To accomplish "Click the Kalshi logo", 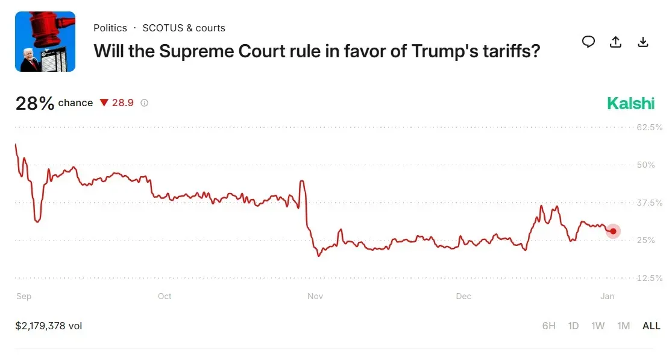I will [x=630, y=103].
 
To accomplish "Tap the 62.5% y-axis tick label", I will [x=650, y=127].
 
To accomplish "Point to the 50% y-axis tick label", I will [x=645, y=165].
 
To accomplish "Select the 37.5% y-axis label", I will [x=650, y=203].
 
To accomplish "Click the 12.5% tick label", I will [x=650, y=278].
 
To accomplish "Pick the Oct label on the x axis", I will [x=164, y=296].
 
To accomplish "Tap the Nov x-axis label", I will [x=315, y=296].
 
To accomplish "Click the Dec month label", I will [x=463, y=296].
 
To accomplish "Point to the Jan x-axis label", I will [x=607, y=296].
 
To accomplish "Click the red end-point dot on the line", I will [x=613, y=231].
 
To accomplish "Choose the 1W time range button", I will [x=598, y=326].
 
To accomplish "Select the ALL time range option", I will [x=651, y=326].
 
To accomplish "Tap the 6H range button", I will [x=548, y=326].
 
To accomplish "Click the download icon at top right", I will [x=643, y=42].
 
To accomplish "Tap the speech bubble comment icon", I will [x=588, y=42].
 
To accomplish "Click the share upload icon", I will [x=615, y=42].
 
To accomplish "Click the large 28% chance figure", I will [x=35, y=103].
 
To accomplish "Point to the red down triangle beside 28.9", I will [x=104, y=103].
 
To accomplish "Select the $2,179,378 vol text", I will [x=49, y=326].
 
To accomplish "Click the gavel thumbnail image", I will [x=45, y=42].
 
